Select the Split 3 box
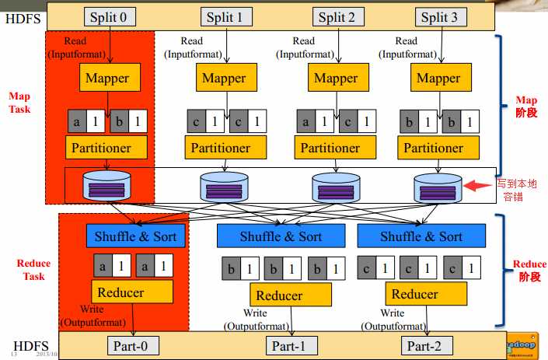439,17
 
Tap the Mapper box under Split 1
224,78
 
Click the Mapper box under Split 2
335,78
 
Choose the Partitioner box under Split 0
107,147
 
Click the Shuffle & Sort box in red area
135,236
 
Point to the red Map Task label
19,102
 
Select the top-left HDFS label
19,17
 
